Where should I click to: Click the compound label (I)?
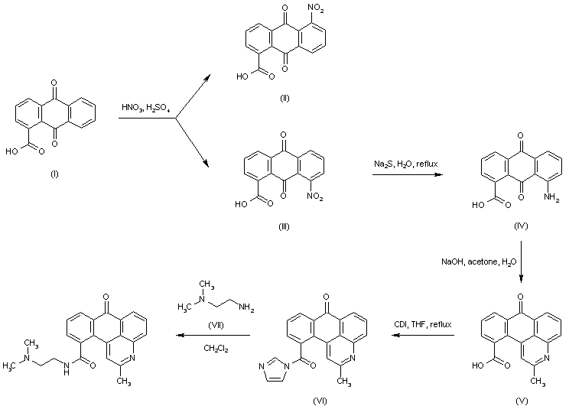click(x=54, y=174)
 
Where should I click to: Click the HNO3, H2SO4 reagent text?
click(x=148, y=109)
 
